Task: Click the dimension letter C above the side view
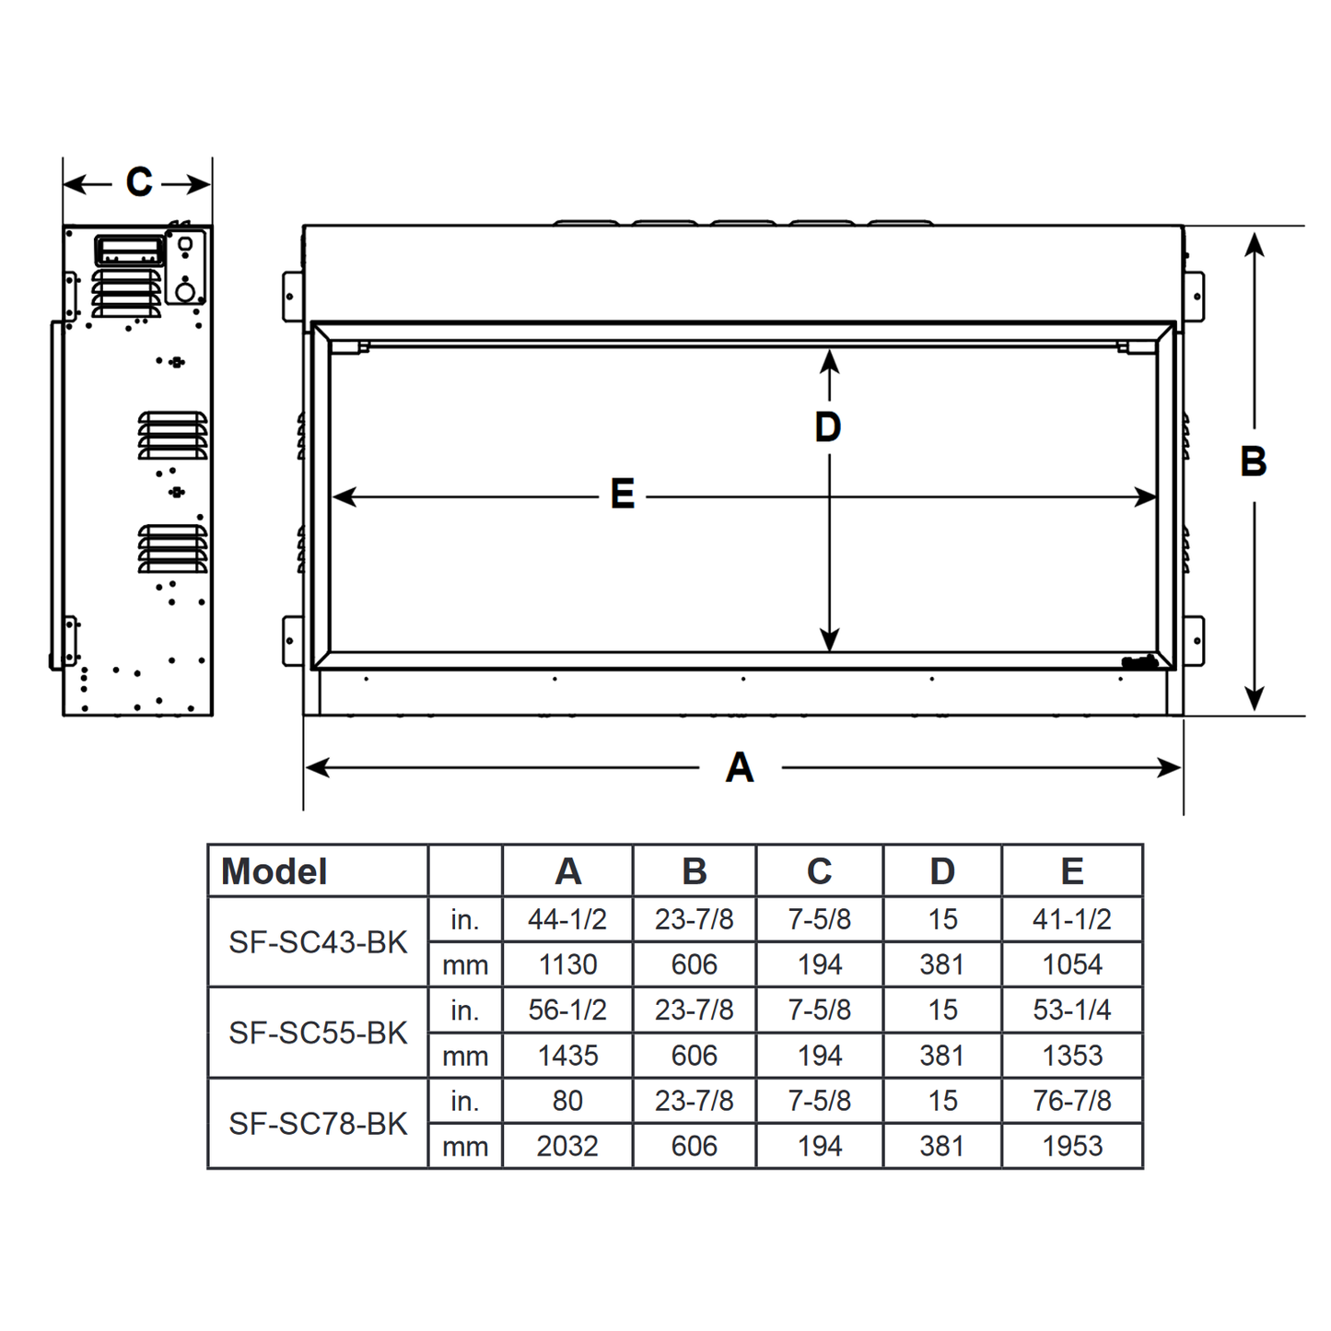[x=139, y=182]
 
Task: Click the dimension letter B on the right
[x=1253, y=461]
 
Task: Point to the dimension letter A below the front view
[x=740, y=767]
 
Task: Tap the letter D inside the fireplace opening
[x=828, y=427]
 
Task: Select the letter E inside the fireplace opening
[x=623, y=495]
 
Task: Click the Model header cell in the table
[x=274, y=871]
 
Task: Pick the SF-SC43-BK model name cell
[x=318, y=942]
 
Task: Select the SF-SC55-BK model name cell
[x=318, y=1033]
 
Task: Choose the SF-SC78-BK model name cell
[x=318, y=1124]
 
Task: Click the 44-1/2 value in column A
[x=567, y=919]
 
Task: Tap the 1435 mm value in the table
[x=567, y=1056]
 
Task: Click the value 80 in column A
[x=567, y=1101]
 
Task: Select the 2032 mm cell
[x=567, y=1146]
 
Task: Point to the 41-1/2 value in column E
[x=1071, y=919]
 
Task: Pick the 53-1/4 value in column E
[x=1071, y=1010]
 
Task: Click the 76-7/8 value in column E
[x=1071, y=1101]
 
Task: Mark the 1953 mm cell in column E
[x=1071, y=1146]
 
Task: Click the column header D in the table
[x=941, y=871]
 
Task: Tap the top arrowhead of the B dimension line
[x=1254, y=243]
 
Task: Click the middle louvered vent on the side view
[x=173, y=436]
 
